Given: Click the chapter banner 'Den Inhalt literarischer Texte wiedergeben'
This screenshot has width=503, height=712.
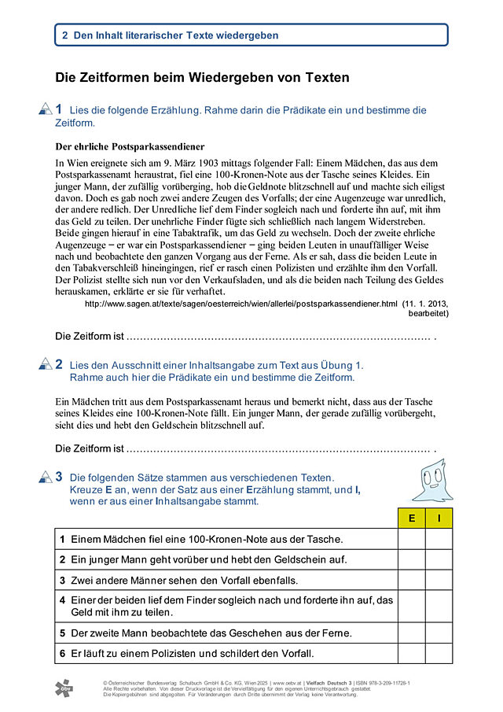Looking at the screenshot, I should pos(251,35).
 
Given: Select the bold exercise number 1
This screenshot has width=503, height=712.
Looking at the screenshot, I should pos(59,109).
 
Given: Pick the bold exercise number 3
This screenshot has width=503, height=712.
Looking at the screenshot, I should pos(59,476).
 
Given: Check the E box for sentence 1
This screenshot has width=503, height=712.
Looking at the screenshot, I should pos(411,539).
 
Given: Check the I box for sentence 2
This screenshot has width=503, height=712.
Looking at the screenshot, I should pos(439,559).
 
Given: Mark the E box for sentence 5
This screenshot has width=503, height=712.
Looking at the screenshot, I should pos(411,633).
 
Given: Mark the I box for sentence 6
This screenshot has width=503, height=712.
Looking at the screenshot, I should pos(439,653).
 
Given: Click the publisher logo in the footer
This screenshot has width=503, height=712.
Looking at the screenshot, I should pos(64,688).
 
